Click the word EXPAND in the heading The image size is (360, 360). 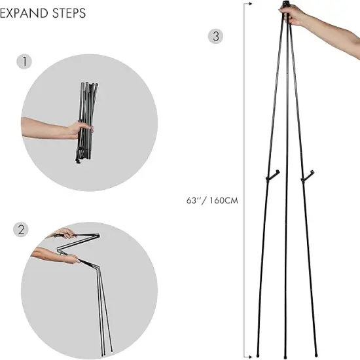click(24, 13)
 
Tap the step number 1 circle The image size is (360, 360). click(24, 62)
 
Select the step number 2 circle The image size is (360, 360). click(22, 230)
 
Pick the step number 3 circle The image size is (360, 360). click(215, 36)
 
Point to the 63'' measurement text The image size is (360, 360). click(195, 200)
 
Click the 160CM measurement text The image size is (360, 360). click(223, 200)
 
